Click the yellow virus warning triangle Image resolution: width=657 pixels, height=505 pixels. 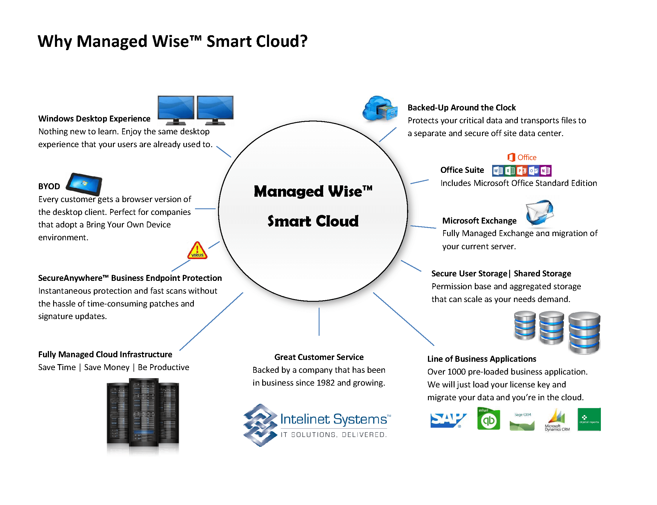tap(197, 251)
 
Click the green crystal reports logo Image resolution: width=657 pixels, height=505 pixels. tap(589, 419)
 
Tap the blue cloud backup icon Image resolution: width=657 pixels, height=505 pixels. tap(379, 109)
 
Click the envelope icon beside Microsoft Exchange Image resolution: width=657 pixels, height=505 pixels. tap(539, 212)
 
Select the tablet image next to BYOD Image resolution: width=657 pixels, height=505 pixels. tap(84, 184)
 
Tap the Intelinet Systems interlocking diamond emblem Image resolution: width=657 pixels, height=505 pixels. tap(260, 425)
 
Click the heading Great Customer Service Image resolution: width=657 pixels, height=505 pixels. tap(319, 357)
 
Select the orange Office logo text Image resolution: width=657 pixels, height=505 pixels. tap(526, 157)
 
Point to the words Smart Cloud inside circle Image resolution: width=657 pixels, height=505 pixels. tap(313, 221)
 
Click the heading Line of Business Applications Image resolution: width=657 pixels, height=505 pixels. tap(481, 359)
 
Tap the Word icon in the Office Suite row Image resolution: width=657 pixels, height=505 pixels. tap(498, 171)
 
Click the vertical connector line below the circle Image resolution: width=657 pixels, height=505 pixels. tap(319, 321)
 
